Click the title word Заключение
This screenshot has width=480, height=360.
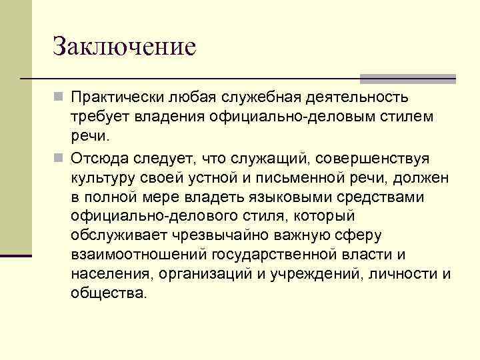(124, 47)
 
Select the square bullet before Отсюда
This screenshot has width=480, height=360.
(59, 159)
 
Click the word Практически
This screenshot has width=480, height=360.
(117, 99)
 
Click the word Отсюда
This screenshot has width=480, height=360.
(101, 159)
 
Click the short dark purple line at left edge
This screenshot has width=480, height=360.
(16, 255)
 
